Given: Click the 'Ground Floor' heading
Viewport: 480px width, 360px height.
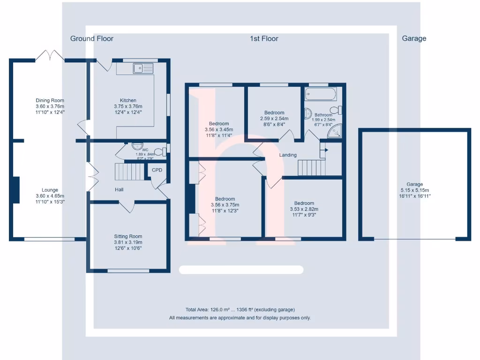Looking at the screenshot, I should click(x=92, y=38).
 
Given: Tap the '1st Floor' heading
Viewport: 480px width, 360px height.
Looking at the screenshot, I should click(x=264, y=38).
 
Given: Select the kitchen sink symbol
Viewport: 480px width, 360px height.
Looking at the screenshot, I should click(x=143, y=68).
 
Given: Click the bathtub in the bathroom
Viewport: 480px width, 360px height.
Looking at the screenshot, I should click(x=321, y=94).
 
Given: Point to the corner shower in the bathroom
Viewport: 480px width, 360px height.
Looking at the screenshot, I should click(x=335, y=133).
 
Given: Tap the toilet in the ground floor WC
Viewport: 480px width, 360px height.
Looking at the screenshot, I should click(x=159, y=151).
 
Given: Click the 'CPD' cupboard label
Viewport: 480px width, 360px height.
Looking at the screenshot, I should click(x=157, y=170).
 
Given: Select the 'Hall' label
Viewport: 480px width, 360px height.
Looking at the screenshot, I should click(x=120, y=189).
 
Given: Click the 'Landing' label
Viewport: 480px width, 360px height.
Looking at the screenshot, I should click(x=288, y=155).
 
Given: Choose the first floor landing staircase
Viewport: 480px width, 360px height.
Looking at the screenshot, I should click(x=311, y=167).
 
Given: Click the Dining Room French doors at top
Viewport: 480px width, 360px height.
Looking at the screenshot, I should click(x=50, y=56).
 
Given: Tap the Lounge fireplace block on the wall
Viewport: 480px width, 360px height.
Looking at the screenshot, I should click(x=16, y=190).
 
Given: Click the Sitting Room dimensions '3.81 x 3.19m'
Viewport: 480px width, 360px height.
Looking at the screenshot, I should click(x=128, y=242).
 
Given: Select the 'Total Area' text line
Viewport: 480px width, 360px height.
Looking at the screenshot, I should click(x=240, y=310).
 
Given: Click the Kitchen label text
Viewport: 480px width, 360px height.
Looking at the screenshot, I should click(x=128, y=100).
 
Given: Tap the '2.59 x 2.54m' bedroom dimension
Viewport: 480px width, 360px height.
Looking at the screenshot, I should click(x=274, y=119).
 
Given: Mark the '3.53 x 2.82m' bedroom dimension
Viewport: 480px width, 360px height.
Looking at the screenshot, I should click(x=304, y=209).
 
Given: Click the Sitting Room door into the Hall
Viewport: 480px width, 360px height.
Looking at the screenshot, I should click(x=127, y=206).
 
